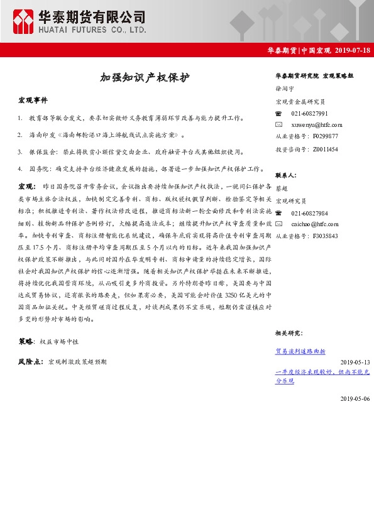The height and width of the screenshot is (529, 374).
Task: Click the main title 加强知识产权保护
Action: coord(145,77)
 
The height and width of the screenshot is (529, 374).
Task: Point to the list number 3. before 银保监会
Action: coord(21,152)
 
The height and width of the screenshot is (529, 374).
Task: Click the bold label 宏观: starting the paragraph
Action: coord(27,187)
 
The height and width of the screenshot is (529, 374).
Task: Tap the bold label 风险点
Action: coord(31,362)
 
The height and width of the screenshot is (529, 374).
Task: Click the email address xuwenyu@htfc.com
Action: coord(317,124)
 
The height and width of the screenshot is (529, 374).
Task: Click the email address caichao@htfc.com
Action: coord(316,224)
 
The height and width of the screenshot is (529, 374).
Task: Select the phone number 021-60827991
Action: coord(309,113)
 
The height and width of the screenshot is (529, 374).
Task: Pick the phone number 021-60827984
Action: coord(309,212)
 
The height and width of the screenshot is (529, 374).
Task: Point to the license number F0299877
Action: coord(325,136)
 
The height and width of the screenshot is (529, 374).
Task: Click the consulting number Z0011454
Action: coord(325,149)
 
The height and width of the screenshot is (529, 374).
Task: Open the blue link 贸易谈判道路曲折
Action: coord(300,351)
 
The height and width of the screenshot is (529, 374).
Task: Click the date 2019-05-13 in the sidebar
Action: coord(355,363)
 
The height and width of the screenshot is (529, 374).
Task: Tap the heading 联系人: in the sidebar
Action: coord(286,176)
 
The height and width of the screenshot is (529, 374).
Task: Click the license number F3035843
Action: coord(325,236)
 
